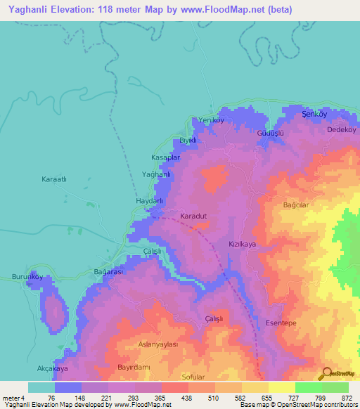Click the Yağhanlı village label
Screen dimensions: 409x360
point(157,174)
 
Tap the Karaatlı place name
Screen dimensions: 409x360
point(53,179)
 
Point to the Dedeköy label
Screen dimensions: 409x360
point(342,130)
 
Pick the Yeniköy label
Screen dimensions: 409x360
point(210,120)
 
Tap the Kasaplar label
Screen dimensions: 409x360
point(166,157)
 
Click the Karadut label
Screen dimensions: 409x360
point(193,216)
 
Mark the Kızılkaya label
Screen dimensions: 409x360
point(241,243)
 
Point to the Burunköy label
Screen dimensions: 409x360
point(27,277)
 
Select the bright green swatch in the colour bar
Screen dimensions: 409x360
point(308,387)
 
